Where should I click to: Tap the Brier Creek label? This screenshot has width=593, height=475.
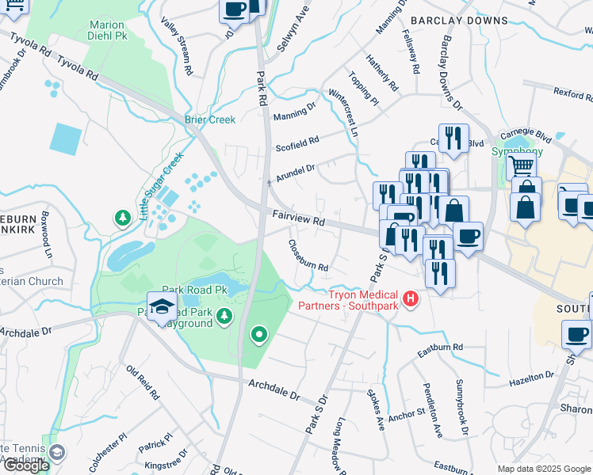click(x=210, y=120)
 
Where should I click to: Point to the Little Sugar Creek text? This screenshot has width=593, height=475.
click(x=161, y=186)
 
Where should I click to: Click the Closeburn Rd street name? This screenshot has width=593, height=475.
click(x=308, y=256)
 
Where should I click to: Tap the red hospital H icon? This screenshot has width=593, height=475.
click(x=411, y=298)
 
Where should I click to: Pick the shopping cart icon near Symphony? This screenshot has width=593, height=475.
click(x=521, y=165)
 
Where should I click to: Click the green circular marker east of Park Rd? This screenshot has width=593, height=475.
click(x=258, y=336)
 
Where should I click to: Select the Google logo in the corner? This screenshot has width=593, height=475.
click(x=25, y=465)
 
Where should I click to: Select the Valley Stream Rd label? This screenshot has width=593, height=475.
click(x=177, y=46)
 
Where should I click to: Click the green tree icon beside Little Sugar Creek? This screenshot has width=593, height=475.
click(x=122, y=217)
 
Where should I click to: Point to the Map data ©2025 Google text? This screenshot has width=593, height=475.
click(x=543, y=469)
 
